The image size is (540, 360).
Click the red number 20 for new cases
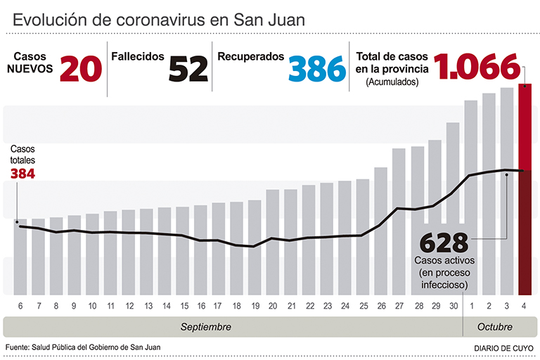[x=82, y=69]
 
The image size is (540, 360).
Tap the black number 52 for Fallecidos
[x=188, y=69]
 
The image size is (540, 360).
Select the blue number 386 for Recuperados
[x=317, y=69]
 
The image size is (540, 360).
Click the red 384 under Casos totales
[x=22, y=174]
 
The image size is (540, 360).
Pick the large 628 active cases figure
[x=444, y=243]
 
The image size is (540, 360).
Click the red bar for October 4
[x=525, y=190]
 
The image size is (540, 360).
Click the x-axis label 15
[x=184, y=306]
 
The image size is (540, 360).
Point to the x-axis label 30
[x=454, y=306]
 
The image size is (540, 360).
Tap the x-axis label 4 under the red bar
[x=525, y=306]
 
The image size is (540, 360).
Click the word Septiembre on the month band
[x=206, y=328]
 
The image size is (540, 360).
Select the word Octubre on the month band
[x=496, y=328]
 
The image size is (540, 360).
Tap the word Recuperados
[x=251, y=56]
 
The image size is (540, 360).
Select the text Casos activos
[x=444, y=261]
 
